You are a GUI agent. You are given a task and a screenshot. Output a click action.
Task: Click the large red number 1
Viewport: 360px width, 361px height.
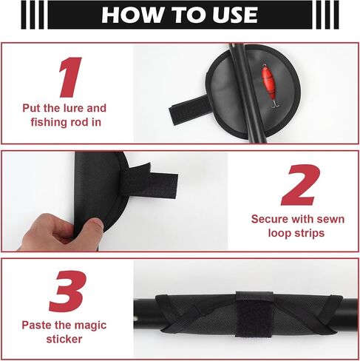70,77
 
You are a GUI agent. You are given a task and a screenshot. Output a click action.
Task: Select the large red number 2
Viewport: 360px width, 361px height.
301,185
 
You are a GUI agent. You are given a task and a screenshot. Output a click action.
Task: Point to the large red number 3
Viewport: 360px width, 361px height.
68,291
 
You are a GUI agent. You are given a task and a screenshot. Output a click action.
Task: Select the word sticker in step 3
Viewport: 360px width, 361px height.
64,340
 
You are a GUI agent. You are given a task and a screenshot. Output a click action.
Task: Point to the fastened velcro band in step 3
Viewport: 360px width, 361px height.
254,314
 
